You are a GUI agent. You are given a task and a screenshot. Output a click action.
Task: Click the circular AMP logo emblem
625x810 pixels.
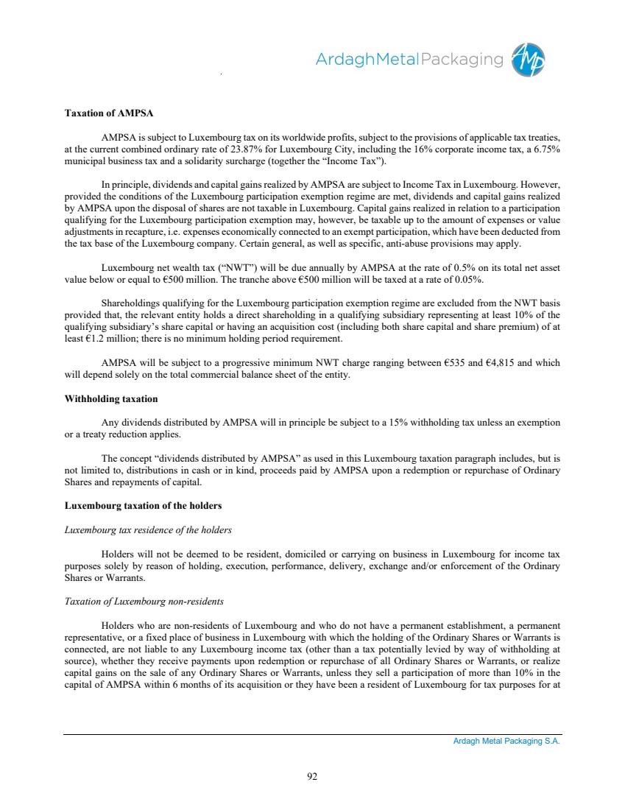pyautogui.click(x=530, y=60)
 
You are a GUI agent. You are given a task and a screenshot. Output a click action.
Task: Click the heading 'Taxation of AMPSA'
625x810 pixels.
pyautogui.click(x=109, y=115)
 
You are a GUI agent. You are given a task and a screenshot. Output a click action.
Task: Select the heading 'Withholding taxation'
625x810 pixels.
pyautogui.click(x=111, y=398)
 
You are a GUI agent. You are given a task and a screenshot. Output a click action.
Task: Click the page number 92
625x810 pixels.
pyautogui.click(x=312, y=775)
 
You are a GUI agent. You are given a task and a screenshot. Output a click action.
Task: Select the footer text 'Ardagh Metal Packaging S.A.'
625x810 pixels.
pyautogui.click(x=506, y=742)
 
